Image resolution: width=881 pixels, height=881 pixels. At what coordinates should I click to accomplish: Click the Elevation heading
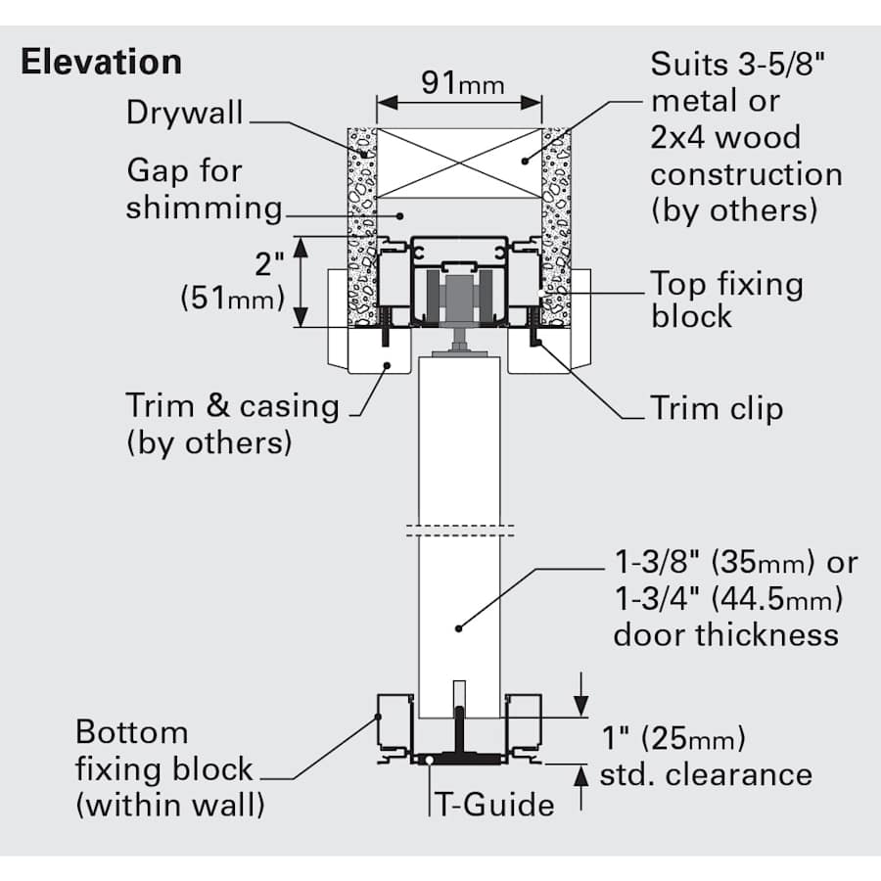click(x=101, y=62)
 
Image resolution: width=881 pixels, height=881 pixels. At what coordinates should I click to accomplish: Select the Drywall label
click(x=184, y=112)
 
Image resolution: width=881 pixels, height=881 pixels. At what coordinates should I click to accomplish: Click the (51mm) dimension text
click(x=231, y=299)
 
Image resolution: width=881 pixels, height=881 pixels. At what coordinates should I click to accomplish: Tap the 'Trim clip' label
click(x=717, y=408)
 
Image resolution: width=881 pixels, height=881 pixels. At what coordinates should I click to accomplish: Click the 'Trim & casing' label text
click(x=232, y=405)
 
